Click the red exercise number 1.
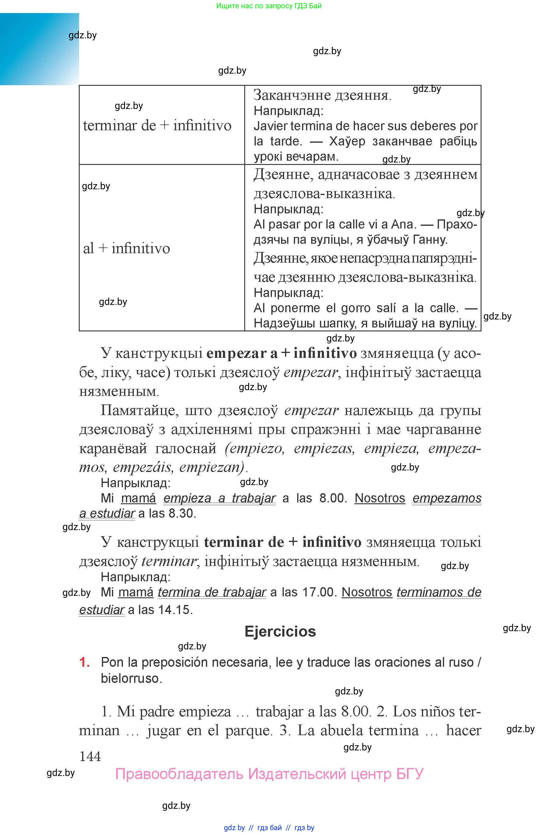point(84,662)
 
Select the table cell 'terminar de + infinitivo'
point(157,126)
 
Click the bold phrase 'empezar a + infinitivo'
point(281,353)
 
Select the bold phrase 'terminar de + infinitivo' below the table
point(283,542)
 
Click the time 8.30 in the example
point(181,514)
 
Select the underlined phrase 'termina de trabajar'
point(212,592)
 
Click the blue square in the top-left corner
point(39,49)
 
